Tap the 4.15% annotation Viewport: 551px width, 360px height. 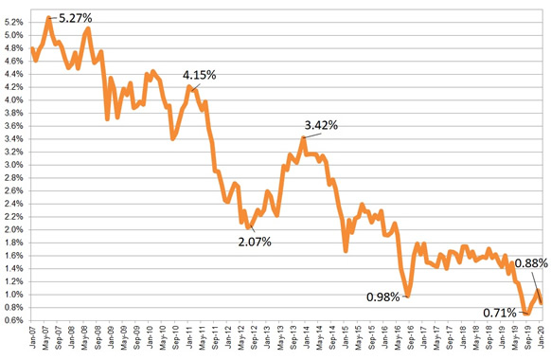tap(200, 74)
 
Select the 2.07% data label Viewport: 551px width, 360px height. tap(253, 242)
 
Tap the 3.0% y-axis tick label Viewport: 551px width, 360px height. tap(13, 165)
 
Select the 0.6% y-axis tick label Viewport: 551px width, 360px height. tap(13, 320)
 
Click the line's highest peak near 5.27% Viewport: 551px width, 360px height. tap(49, 17)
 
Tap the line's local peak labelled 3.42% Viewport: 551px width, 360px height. tap(303, 138)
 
